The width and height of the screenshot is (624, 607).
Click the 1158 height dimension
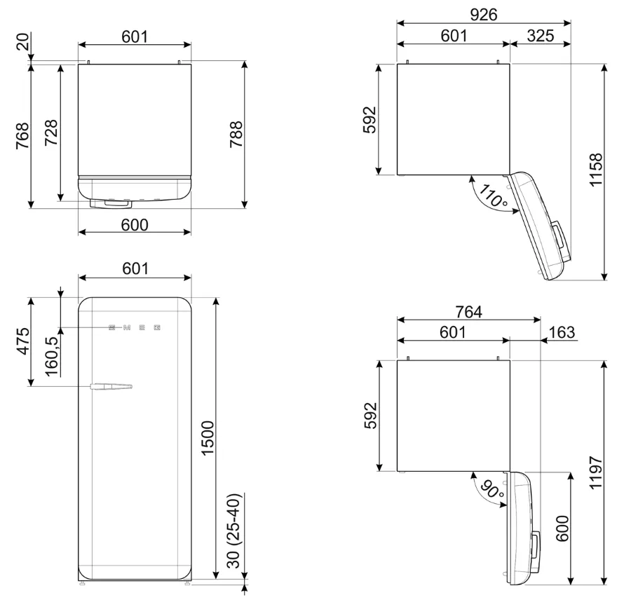[596, 170]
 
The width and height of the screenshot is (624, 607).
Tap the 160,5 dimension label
[52, 355]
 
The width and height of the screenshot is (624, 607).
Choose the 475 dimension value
[22, 341]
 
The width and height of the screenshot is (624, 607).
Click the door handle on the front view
[111, 386]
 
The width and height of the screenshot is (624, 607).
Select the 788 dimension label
[236, 135]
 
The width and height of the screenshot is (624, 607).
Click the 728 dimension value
[50, 133]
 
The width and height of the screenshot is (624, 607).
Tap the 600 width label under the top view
[135, 224]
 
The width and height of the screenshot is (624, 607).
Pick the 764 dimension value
[468, 313]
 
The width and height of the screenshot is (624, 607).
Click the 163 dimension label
[562, 333]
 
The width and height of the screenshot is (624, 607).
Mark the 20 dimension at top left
[24, 43]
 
